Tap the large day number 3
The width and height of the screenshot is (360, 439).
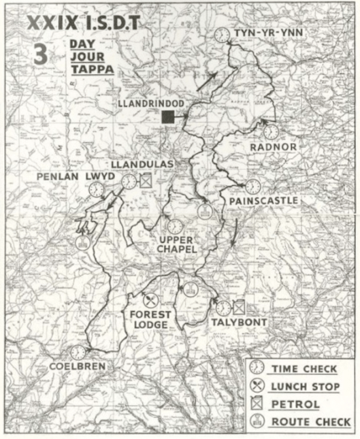click(x=41, y=55)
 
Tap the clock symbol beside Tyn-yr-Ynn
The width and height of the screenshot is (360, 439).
click(x=221, y=35)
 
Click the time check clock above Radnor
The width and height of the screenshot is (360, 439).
click(x=272, y=131)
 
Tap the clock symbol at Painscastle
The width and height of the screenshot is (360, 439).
click(x=252, y=186)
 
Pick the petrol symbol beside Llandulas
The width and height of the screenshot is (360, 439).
click(x=145, y=180)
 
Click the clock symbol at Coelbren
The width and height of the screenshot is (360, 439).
click(x=78, y=352)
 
